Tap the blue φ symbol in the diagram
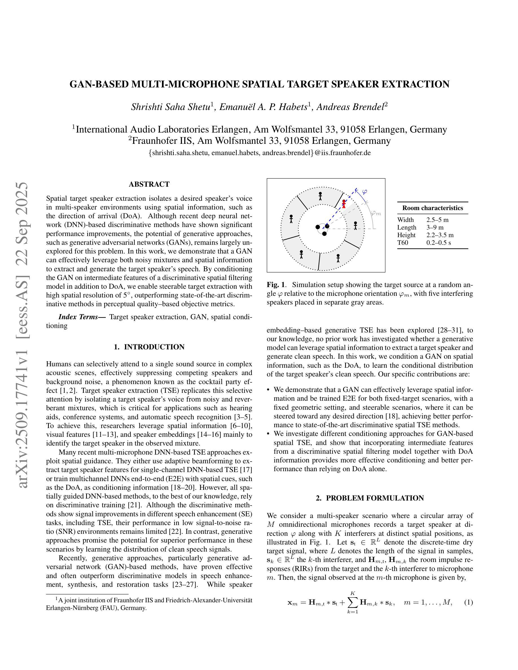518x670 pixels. (364, 192)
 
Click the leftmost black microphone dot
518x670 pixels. (318, 227)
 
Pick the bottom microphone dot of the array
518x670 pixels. (324, 234)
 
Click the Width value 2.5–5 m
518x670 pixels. (437, 220)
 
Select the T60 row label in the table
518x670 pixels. (403, 243)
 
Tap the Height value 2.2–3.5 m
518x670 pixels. (440, 235)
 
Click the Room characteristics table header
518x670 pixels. (433, 208)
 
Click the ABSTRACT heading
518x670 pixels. (149, 184)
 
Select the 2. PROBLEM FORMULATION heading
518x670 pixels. (370, 498)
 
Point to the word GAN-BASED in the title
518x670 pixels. (99, 84)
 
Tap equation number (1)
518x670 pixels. (468, 602)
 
